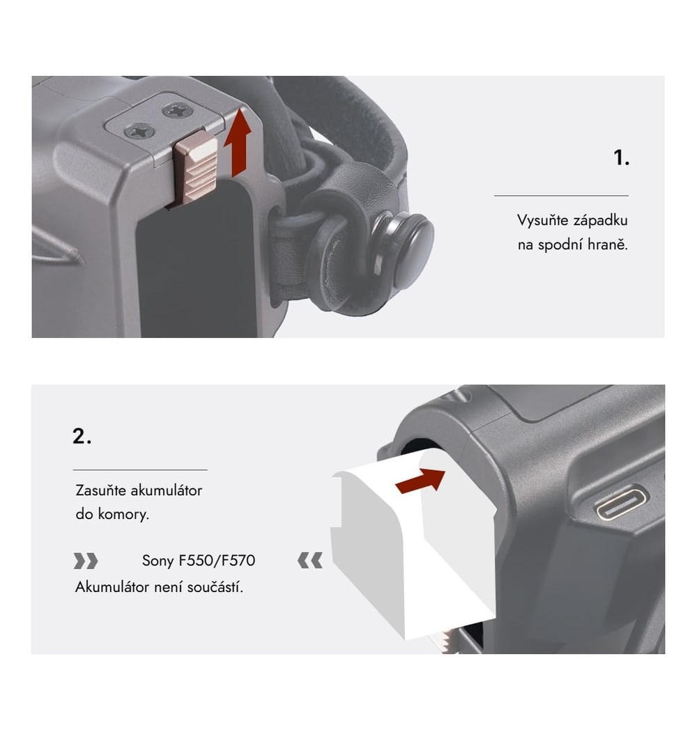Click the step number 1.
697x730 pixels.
coord(622,158)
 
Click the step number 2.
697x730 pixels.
coord(82,436)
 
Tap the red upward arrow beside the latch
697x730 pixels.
coord(238,143)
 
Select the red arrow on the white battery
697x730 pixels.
coord(420,480)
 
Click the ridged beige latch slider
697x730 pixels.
coord(196,168)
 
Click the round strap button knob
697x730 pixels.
coord(410,249)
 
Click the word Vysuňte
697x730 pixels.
coord(542,220)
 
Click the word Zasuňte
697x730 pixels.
coord(100,490)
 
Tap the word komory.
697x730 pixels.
coord(123,515)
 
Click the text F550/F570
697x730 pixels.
coord(217,561)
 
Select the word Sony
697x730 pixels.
coord(158,561)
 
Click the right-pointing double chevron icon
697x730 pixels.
coord(86,561)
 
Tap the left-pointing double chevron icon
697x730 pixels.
coord(310,561)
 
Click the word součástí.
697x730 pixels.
coord(215,587)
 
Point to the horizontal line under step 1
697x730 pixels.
coord(561,196)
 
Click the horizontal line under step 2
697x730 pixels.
coord(140,469)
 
